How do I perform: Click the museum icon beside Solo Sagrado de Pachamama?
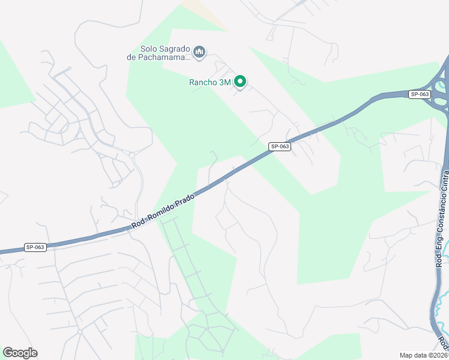(200, 53)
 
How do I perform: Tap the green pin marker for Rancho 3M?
(240, 82)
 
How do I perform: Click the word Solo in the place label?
(149, 49)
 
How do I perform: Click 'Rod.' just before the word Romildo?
(139, 225)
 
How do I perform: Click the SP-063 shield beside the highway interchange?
(420, 94)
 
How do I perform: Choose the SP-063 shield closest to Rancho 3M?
(280, 146)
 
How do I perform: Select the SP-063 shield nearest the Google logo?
(35, 247)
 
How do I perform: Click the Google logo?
(20, 353)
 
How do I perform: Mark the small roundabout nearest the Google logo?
(79, 331)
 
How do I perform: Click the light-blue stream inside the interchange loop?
(442, 96)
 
